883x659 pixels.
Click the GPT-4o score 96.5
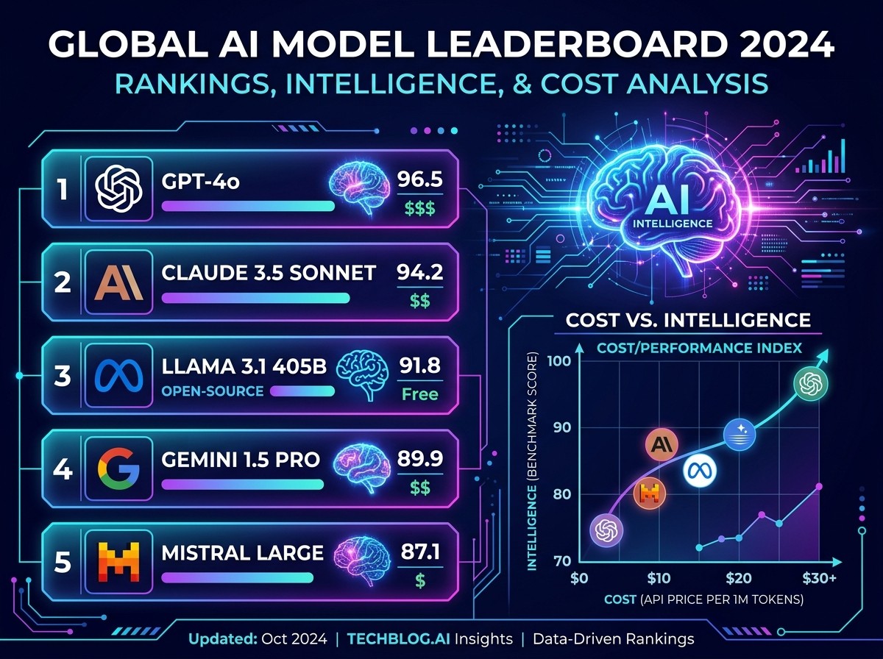(x=420, y=179)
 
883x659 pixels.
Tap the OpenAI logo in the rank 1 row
(x=118, y=188)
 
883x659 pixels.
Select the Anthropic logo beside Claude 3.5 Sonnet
(x=118, y=284)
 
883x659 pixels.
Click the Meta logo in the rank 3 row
(x=118, y=376)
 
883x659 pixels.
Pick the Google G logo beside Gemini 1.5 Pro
(x=118, y=469)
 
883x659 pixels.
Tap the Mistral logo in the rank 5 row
(x=118, y=562)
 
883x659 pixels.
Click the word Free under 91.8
(x=420, y=394)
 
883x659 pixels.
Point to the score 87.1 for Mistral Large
(x=420, y=552)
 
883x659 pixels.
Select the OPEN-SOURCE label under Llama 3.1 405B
(x=213, y=391)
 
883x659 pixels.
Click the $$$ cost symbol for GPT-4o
(x=420, y=208)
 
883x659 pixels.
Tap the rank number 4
(x=63, y=469)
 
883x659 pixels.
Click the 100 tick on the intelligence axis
(x=559, y=360)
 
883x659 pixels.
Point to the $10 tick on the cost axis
(x=659, y=578)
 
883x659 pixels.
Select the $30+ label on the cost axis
(x=820, y=578)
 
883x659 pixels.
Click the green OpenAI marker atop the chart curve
(x=810, y=384)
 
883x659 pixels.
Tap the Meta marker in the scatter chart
(x=700, y=471)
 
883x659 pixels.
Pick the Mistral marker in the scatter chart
(x=649, y=494)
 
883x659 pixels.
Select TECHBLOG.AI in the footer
(x=398, y=639)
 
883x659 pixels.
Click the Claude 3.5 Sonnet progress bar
(x=255, y=298)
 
